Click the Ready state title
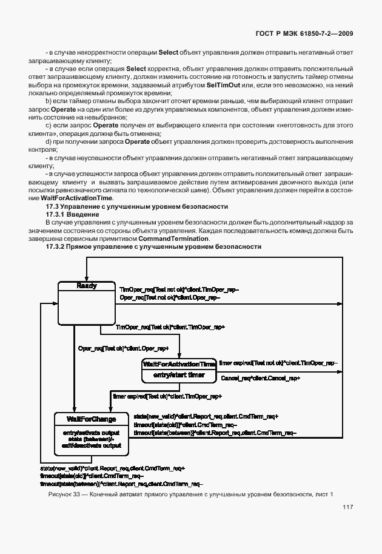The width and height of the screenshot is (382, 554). click(x=87, y=286)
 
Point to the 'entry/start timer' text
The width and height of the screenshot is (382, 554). click(x=179, y=376)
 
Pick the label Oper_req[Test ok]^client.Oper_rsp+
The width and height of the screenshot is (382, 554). click(x=124, y=348)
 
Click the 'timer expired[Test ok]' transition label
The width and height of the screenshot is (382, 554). click(x=167, y=396)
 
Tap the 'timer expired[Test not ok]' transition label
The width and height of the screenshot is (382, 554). click(x=278, y=362)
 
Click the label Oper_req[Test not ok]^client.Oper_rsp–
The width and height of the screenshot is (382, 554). click(x=169, y=297)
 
